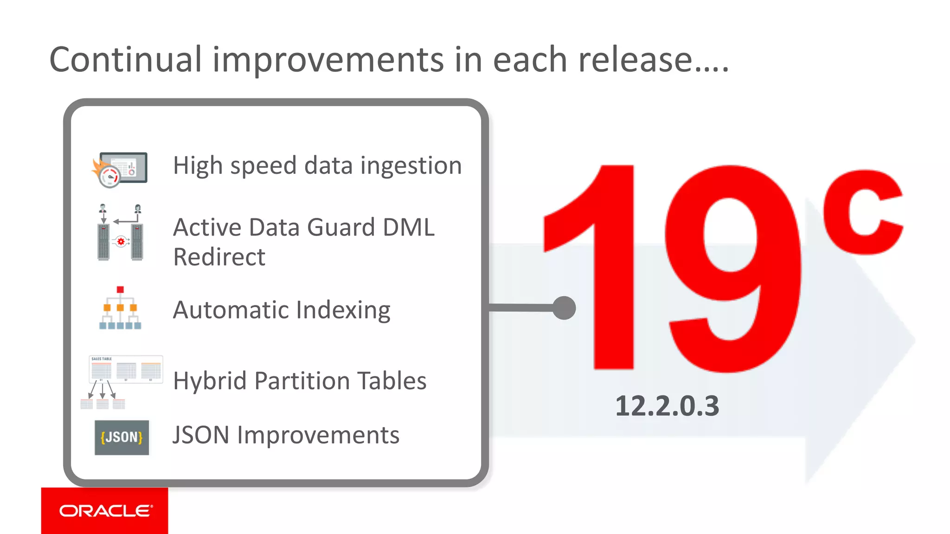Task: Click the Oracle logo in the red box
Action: [x=106, y=511]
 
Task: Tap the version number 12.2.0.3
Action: [x=667, y=406]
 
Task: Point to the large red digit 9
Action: [x=733, y=269]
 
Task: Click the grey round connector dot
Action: [x=564, y=308]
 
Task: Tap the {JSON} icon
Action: [x=122, y=437]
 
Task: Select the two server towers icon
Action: [x=120, y=233]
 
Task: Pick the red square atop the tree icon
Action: [x=120, y=290]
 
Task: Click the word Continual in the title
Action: [x=126, y=60]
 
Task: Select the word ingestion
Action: [x=411, y=165]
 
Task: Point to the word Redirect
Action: [x=219, y=257]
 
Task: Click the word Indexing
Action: [x=343, y=310]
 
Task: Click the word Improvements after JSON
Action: [x=318, y=435]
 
